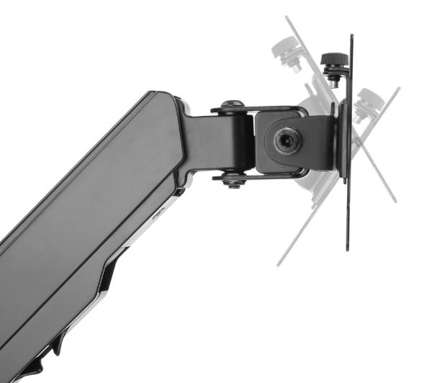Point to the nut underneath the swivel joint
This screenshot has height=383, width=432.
(x=232, y=181)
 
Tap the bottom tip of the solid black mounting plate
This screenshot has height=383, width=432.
(x=347, y=248)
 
